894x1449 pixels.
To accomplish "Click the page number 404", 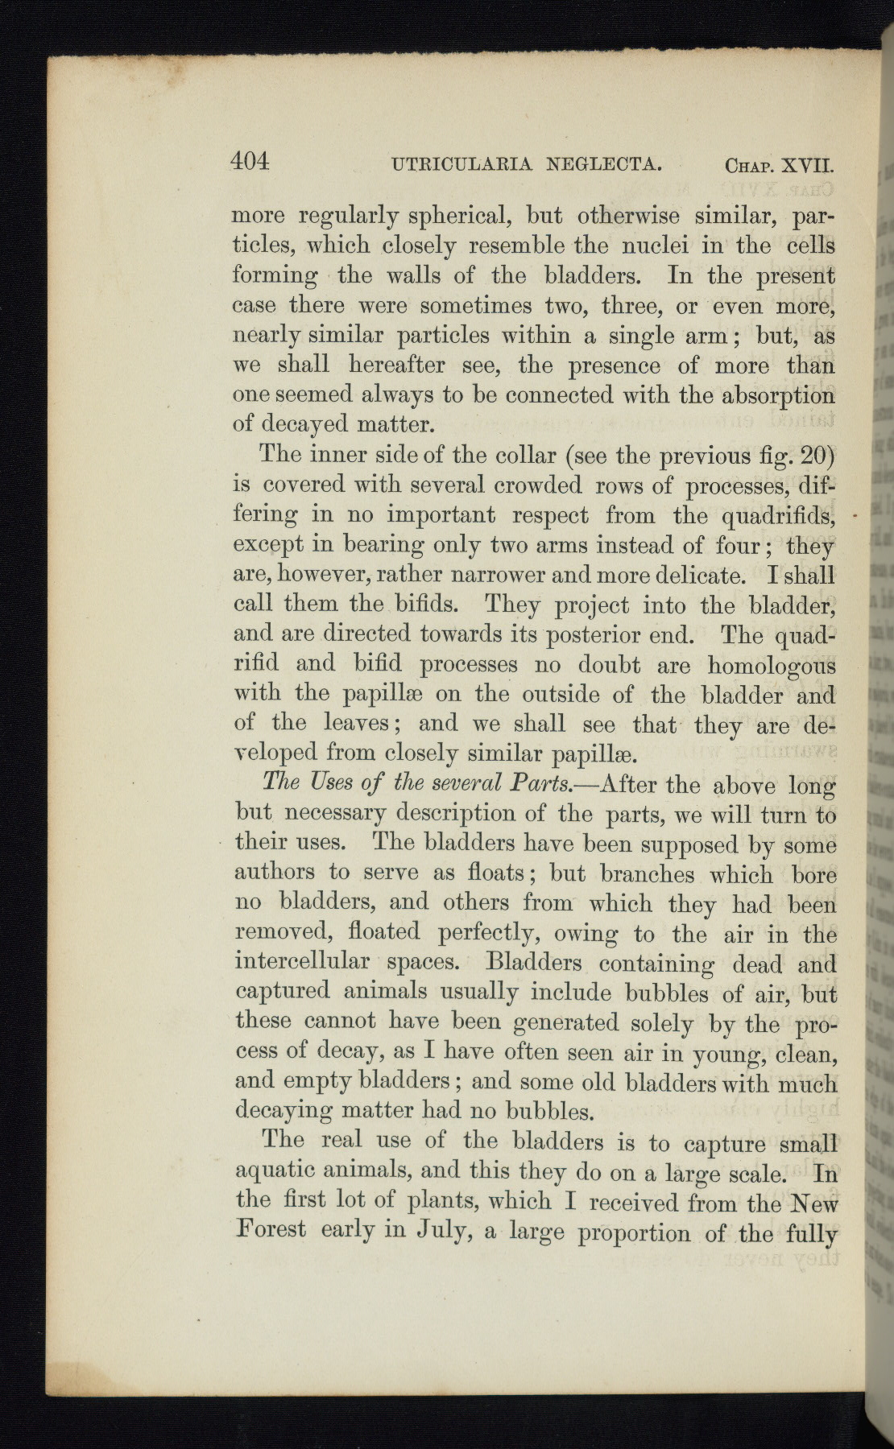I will pos(250,161).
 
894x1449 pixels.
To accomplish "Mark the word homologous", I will pos(772,667).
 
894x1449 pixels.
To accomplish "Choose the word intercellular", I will pos(302,963).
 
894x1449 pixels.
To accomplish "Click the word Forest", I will pos(271,1230).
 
